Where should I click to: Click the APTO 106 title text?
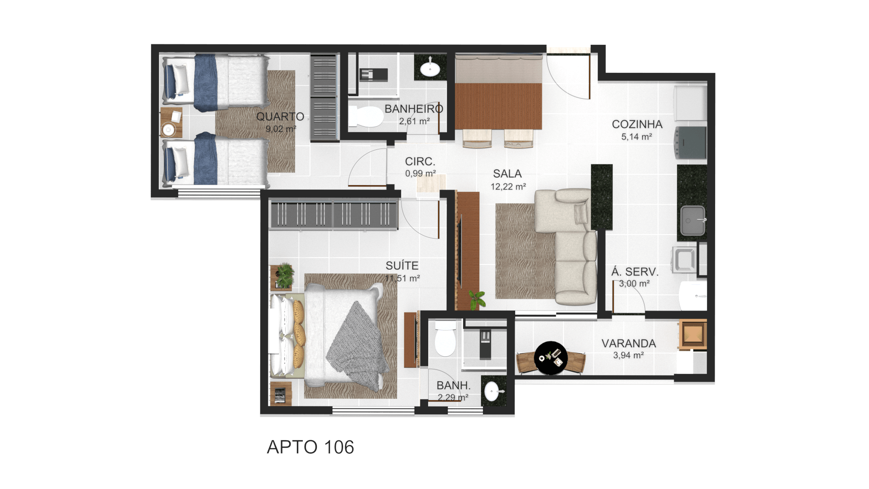click(310, 447)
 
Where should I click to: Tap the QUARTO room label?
click(280, 117)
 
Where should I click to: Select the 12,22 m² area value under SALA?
click(508, 187)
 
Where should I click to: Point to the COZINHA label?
click(637, 124)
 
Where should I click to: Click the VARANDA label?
click(629, 344)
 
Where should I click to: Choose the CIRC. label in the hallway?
click(420, 162)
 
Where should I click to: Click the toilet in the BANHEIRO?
click(366, 117)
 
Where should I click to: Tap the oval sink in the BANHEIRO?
click(430, 69)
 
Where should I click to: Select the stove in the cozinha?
click(691, 142)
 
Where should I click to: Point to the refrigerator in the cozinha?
click(691, 103)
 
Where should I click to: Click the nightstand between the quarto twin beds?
click(171, 122)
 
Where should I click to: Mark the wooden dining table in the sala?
click(498, 106)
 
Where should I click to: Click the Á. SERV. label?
click(635, 272)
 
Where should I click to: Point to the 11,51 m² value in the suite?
click(402, 278)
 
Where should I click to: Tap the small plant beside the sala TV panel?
click(476, 300)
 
